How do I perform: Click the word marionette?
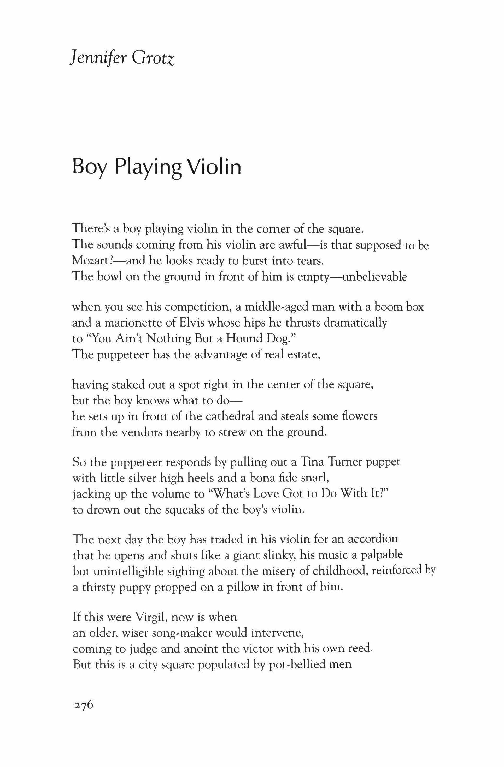pos(129,323)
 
